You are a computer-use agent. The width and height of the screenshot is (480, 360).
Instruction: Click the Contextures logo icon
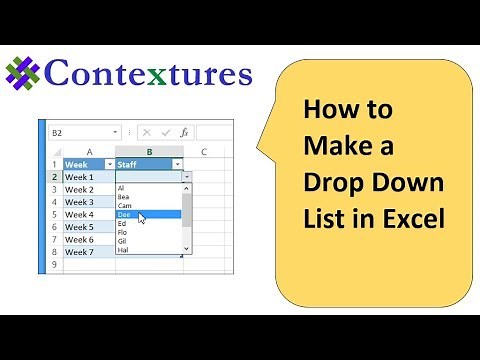(x=24, y=73)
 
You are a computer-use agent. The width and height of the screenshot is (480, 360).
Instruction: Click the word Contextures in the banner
(x=148, y=73)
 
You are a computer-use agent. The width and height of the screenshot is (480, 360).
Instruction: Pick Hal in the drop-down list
(x=123, y=249)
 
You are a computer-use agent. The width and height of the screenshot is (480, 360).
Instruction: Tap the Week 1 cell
(x=88, y=177)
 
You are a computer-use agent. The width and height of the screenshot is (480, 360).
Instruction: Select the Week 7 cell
(x=88, y=252)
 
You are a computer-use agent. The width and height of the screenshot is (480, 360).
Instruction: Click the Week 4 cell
(x=88, y=214)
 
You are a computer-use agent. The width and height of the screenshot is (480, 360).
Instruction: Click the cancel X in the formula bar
(x=146, y=131)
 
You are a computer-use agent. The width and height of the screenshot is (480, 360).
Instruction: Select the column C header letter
(x=203, y=151)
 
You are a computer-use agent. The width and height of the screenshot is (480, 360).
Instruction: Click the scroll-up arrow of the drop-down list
(x=187, y=188)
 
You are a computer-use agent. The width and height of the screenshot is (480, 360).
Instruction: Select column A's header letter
(x=89, y=151)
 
